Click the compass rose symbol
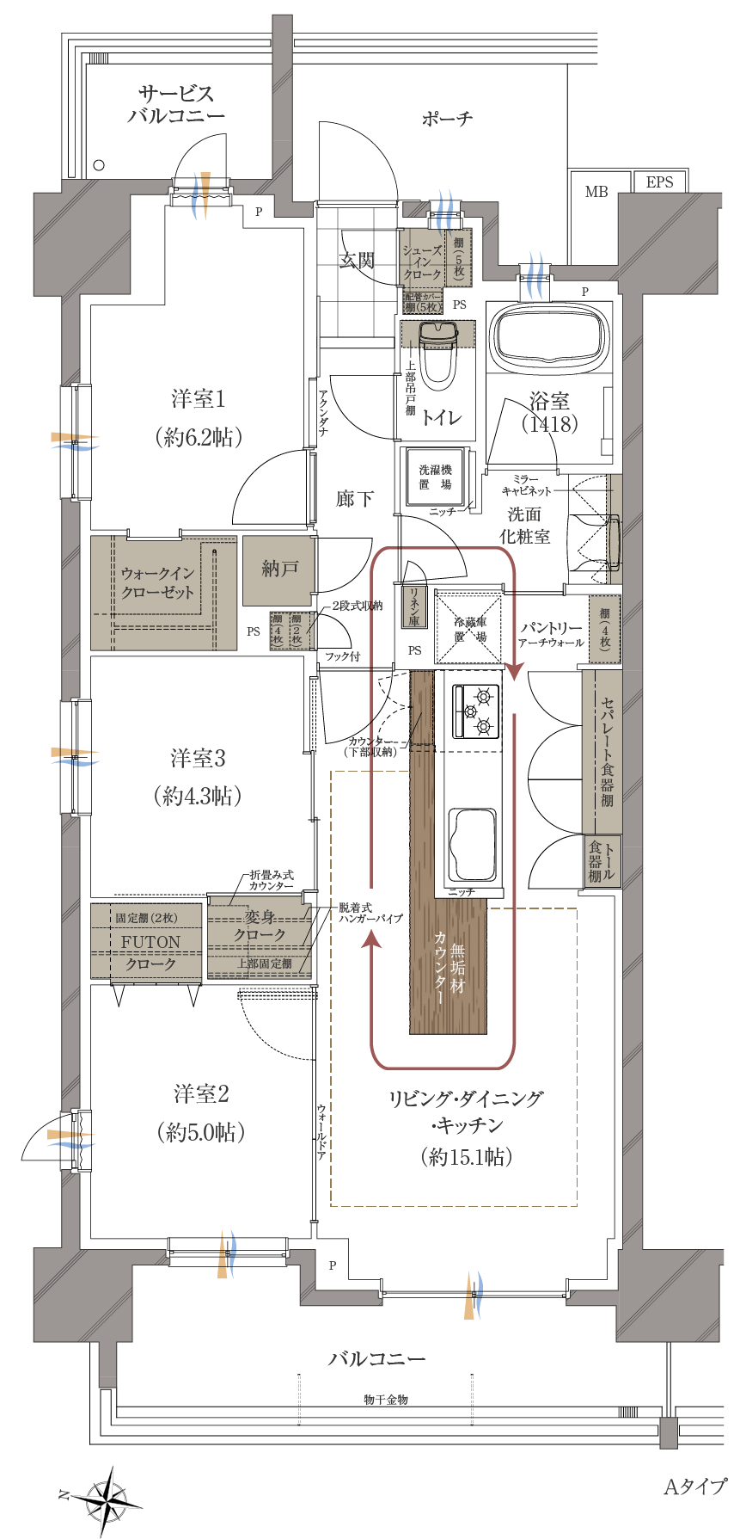pyautogui.click(x=106, y=1501)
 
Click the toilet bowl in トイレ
pyautogui.click(x=438, y=353)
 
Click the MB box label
pyautogui.click(x=596, y=192)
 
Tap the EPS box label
pyautogui.click(x=659, y=182)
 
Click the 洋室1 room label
pyautogui.click(x=199, y=398)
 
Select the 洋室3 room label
pyautogui.click(x=199, y=758)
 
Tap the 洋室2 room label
pyautogui.click(x=201, y=1094)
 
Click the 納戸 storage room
pyautogui.click(x=279, y=569)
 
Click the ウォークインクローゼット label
pyautogui.click(x=157, y=582)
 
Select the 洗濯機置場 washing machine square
pyautogui.click(x=435, y=477)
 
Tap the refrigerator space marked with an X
pyautogui.click(x=469, y=628)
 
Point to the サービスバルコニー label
pyautogui.click(x=176, y=104)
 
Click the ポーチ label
pyautogui.click(x=447, y=119)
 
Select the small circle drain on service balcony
pyautogui.click(x=100, y=165)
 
